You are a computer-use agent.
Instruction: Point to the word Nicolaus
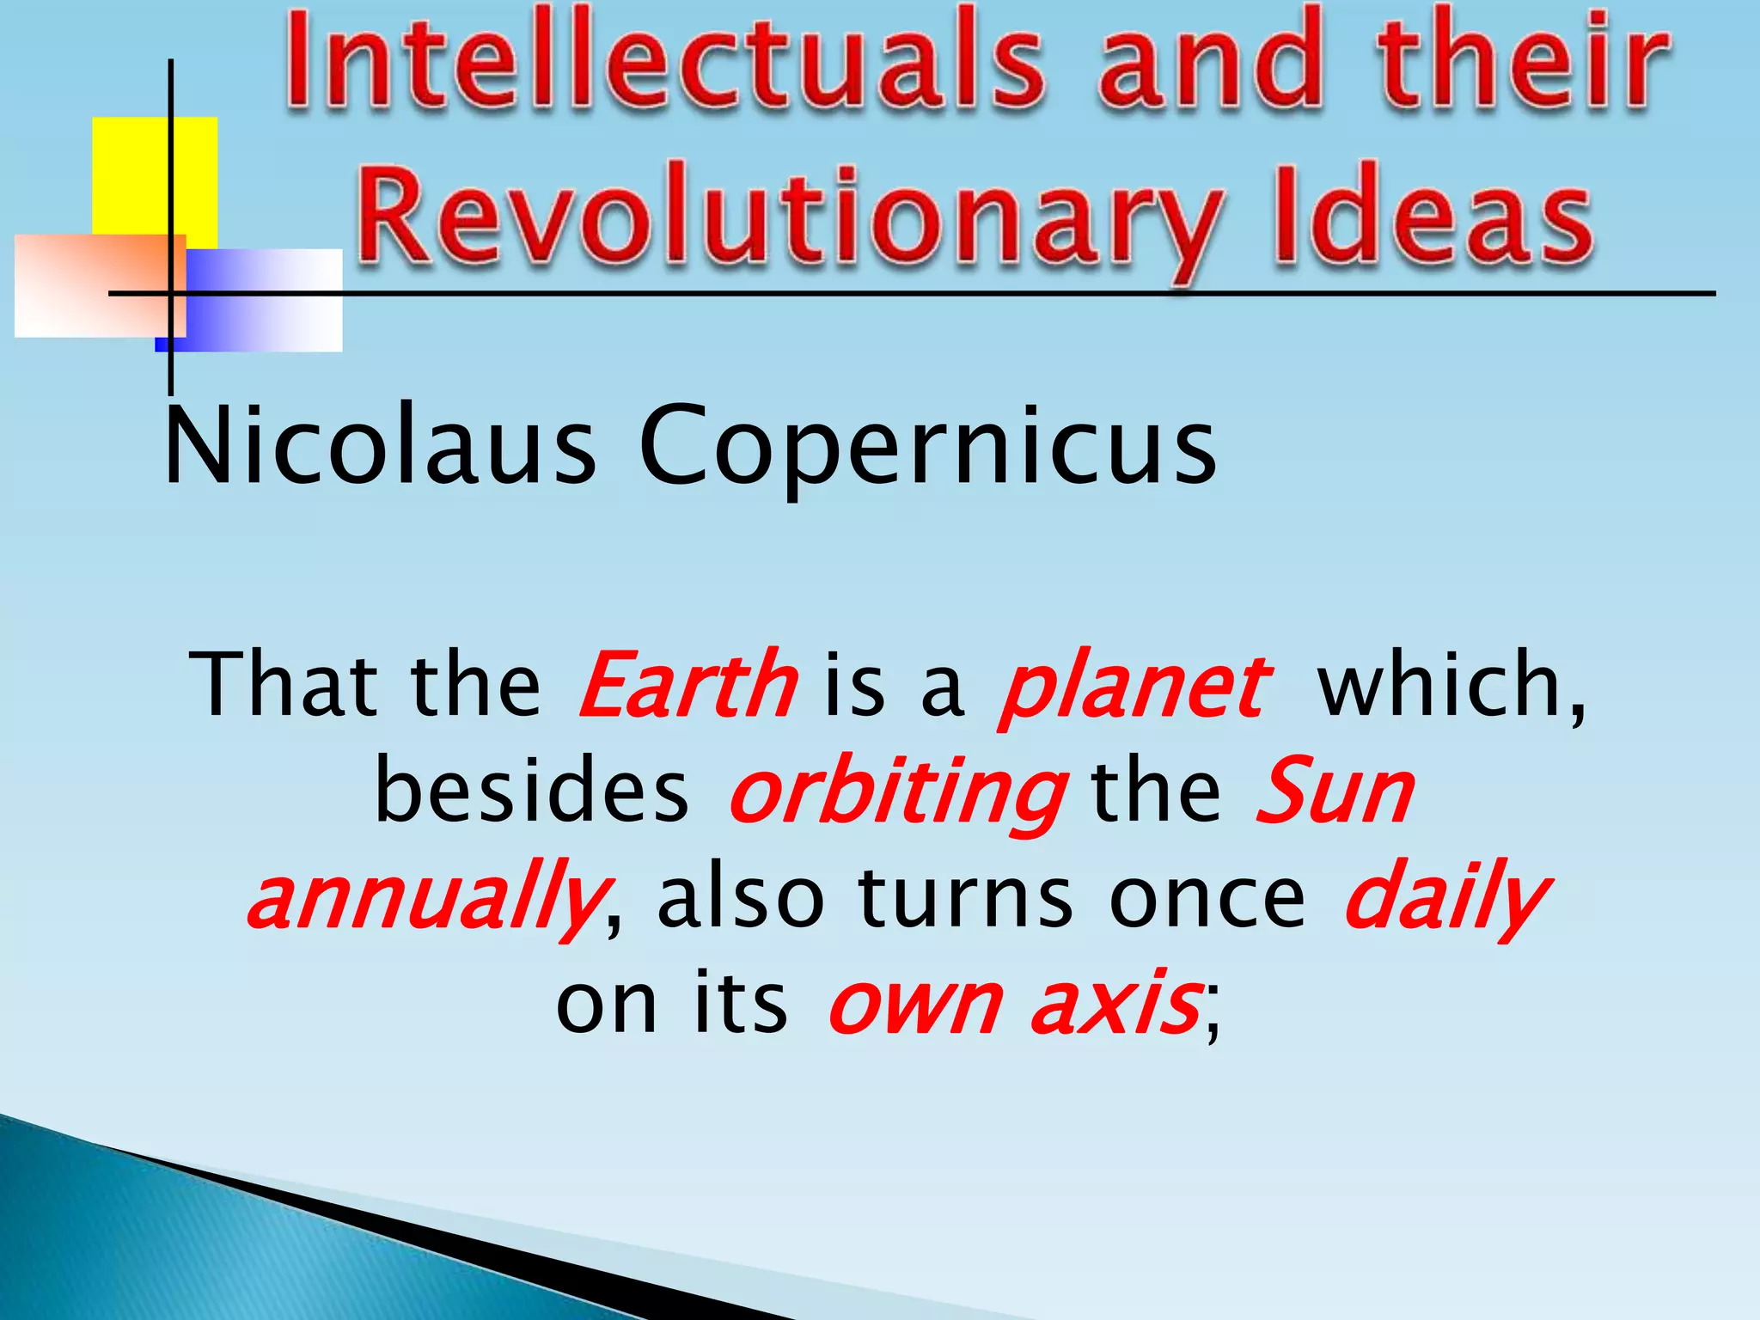click(379, 447)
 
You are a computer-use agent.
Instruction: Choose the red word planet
click(1134, 687)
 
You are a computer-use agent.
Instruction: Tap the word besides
click(532, 791)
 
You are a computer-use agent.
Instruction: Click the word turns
click(966, 898)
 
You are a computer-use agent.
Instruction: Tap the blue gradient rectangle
click(266, 301)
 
